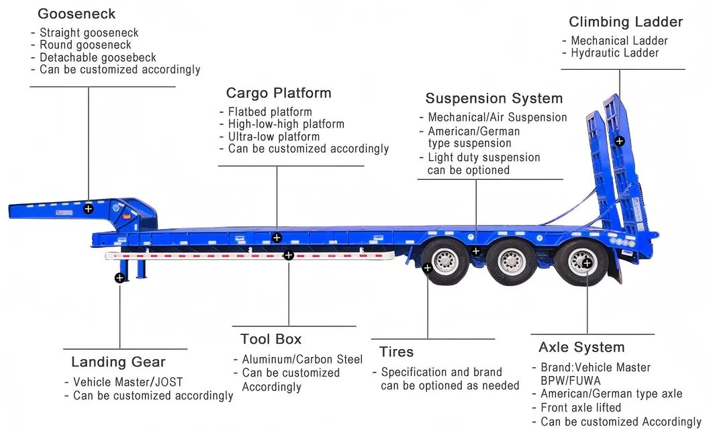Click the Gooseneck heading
(x=77, y=13)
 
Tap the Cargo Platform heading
(x=279, y=93)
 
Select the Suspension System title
(x=494, y=99)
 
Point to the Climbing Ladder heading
(x=626, y=22)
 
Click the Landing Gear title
(x=118, y=363)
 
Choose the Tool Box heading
(x=271, y=340)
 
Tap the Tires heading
(x=396, y=352)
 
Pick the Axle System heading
(x=581, y=348)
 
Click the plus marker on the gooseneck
(x=88, y=209)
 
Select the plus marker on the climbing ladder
(x=619, y=141)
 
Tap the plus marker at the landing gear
(x=120, y=277)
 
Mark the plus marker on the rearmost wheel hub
(x=587, y=263)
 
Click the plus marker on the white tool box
(x=289, y=255)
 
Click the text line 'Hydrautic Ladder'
(x=614, y=53)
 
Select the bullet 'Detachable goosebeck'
(x=97, y=57)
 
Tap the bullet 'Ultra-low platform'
(x=273, y=136)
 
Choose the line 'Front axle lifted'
(x=581, y=408)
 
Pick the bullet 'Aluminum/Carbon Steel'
(x=301, y=360)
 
